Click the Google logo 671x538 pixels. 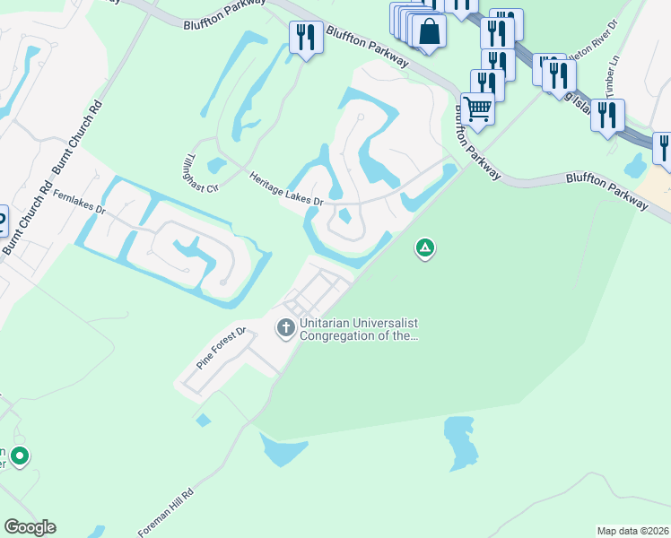coord(30,527)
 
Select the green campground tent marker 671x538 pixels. coord(425,247)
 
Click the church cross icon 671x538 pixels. coord(286,328)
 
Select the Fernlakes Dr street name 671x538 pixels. coord(80,203)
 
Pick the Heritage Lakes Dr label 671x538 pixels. coord(286,189)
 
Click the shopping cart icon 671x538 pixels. coord(478,109)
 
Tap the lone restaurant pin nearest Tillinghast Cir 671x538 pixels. coord(307,38)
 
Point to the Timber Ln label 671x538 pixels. coord(613,85)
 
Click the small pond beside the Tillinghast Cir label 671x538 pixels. coord(216,166)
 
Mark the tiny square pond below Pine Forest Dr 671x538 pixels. coord(203,420)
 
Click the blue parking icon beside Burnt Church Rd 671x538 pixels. coord(2,221)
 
